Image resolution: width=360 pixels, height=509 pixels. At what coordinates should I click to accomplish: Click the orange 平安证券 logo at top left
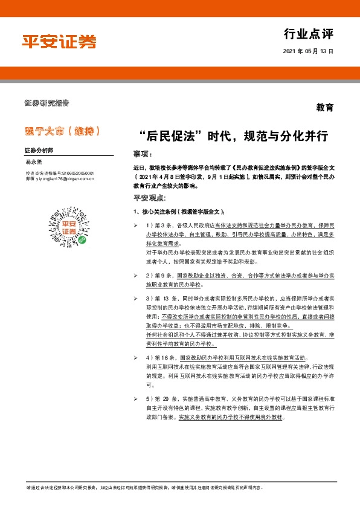[x=59, y=41]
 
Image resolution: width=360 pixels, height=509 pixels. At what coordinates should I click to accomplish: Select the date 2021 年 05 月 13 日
[x=308, y=52]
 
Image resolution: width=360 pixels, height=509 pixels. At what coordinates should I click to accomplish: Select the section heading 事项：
[x=143, y=154]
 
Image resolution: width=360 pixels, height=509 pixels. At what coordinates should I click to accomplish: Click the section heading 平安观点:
[x=149, y=198]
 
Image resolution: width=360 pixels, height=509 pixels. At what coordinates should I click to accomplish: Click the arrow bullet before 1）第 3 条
[x=136, y=225]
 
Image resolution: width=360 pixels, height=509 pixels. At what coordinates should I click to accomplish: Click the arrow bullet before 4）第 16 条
[x=136, y=358]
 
